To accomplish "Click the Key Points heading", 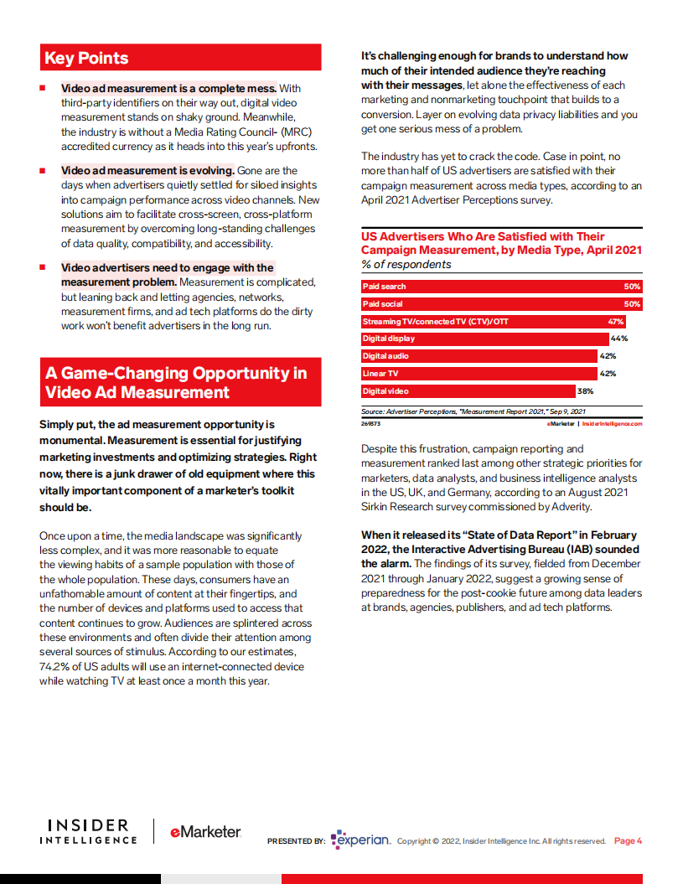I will click(86, 58).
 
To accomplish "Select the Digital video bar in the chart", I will click(468, 391).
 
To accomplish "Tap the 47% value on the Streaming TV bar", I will click(615, 322).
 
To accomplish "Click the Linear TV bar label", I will click(380, 374).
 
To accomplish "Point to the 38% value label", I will click(585, 391).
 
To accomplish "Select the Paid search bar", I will click(501, 287).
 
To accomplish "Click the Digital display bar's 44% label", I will click(619, 339).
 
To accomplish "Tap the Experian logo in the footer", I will click(361, 840).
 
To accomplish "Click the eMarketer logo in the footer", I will click(205, 832).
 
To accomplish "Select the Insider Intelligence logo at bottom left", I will click(87, 832).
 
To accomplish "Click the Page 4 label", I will click(628, 841).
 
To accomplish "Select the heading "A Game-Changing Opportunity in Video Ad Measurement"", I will click(176, 383).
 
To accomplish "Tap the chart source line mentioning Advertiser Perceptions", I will click(473, 411).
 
